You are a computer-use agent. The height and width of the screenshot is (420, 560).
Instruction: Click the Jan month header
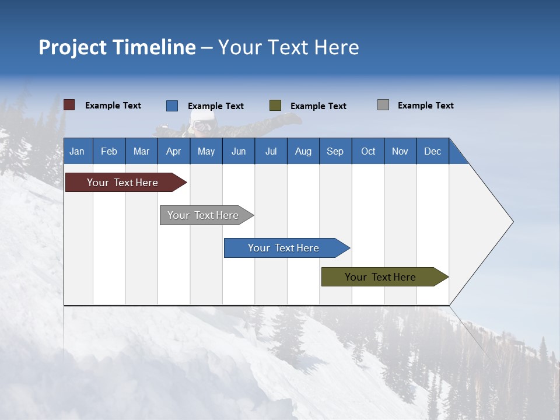coord(77,151)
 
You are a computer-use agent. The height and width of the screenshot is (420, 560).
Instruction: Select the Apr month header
coord(173,151)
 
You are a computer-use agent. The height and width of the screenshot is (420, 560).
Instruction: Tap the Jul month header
coord(271,151)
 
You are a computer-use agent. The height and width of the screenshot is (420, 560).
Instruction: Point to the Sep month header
coord(335,151)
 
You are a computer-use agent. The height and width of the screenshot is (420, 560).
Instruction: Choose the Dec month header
coord(432,151)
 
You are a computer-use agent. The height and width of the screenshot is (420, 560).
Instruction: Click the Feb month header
coord(109,151)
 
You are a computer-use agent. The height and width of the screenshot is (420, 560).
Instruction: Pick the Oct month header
coord(368,151)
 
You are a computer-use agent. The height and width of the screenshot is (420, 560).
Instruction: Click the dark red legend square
coord(69,105)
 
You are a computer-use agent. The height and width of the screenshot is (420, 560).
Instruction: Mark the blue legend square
coord(171,106)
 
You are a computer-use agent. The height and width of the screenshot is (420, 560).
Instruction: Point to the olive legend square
coord(275,105)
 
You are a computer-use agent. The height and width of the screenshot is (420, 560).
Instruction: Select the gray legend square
coord(383,105)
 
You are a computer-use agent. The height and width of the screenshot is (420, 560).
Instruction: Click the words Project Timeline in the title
coord(117,47)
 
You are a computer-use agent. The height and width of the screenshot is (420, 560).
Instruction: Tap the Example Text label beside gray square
coord(425,106)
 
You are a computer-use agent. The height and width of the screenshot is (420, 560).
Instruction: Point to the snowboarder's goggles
coord(201,125)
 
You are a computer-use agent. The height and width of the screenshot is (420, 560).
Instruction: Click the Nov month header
coord(400,151)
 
